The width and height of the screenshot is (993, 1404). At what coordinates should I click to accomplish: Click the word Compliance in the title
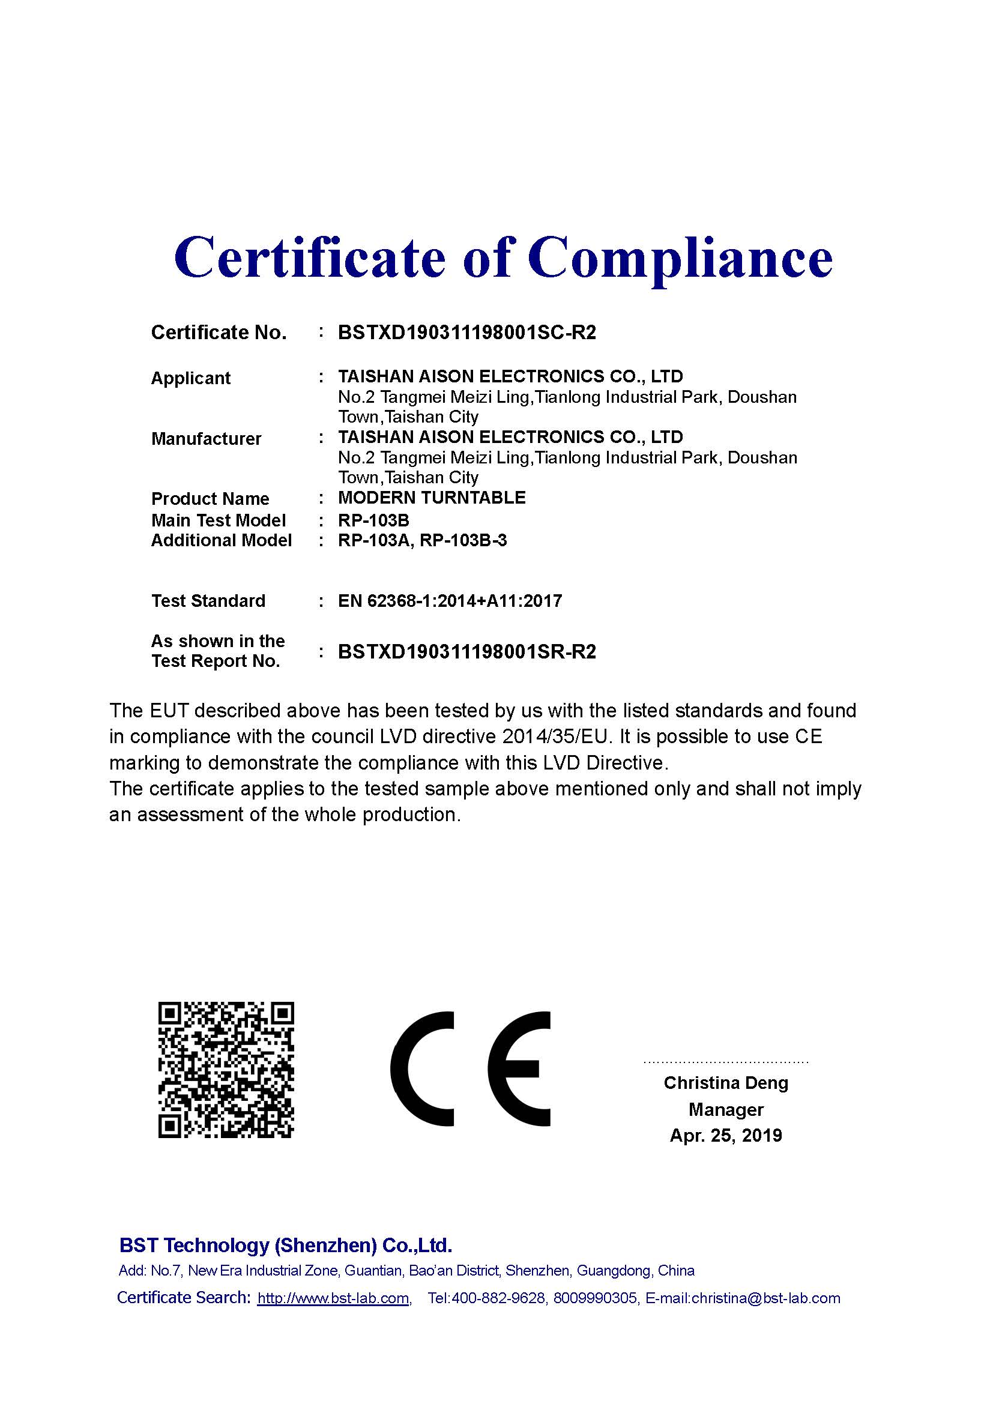point(680,258)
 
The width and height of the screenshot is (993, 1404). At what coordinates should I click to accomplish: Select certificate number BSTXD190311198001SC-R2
point(466,333)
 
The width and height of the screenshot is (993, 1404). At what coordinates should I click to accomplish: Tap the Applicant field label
point(191,379)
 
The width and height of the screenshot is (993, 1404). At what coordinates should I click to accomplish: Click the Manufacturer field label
point(206,438)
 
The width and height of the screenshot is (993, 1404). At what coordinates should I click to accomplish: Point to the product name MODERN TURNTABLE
point(432,498)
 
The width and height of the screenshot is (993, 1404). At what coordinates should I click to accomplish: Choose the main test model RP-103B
point(373,520)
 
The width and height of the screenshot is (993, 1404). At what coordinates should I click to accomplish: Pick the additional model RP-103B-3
point(463,541)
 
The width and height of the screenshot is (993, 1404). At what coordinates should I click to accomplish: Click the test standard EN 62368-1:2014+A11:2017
point(450,601)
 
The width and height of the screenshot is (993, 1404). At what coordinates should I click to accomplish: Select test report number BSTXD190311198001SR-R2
point(466,652)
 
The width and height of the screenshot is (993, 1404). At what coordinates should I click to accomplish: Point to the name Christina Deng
point(726,1083)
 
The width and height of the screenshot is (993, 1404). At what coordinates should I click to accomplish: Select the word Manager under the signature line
point(726,1109)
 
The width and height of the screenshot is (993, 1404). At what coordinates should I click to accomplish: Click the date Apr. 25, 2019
point(726,1136)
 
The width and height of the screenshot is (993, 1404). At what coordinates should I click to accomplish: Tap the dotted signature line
point(726,1062)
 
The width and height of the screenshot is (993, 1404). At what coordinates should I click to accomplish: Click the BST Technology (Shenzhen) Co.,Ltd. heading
point(286,1245)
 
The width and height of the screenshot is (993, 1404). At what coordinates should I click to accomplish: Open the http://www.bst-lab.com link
point(333,1298)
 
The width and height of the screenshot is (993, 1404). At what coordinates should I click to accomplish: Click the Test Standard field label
point(208,601)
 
